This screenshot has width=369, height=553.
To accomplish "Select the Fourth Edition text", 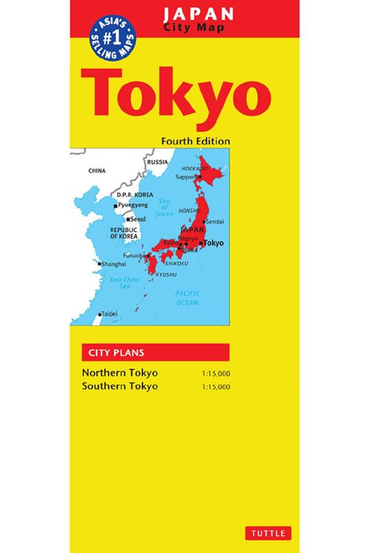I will (x=195, y=140).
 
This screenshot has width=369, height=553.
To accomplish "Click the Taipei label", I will (x=109, y=314).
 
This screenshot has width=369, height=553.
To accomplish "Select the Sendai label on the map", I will (x=215, y=222).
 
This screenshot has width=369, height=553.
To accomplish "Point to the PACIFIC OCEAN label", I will (x=187, y=298).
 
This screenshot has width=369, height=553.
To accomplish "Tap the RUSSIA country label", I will (x=158, y=162).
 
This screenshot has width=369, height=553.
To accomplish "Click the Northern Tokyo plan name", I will (x=120, y=373).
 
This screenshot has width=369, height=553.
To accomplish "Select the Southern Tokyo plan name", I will (x=120, y=386).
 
